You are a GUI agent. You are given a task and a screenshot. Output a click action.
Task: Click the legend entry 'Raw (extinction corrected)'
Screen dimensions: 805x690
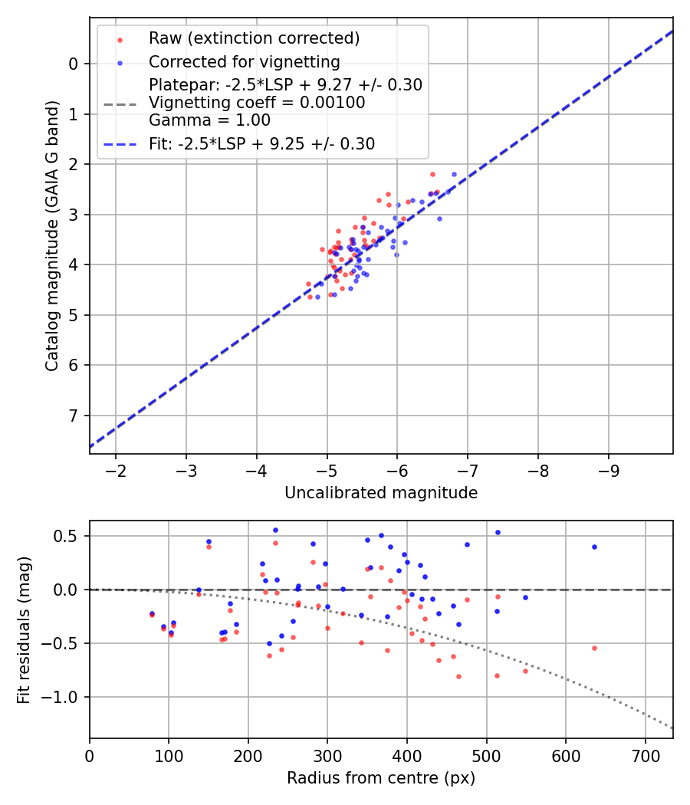[x=254, y=38]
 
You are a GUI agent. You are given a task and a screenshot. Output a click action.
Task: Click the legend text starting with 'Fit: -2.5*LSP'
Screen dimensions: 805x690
[x=261, y=143]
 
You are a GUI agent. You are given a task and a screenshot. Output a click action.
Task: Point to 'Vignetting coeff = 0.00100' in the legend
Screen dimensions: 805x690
[x=257, y=103]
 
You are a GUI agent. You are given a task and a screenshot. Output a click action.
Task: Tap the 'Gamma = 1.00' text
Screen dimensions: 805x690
[x=209, y=120]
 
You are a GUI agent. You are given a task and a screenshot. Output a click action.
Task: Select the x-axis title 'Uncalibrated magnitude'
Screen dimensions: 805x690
[x=381, y=493]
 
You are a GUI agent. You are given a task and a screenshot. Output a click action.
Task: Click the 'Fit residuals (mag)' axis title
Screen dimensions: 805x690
[x=24, y=629]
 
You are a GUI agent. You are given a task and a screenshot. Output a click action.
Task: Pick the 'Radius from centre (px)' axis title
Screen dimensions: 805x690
[x=381, y=778]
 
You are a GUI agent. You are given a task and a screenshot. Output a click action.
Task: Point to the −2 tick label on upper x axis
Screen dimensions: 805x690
[x=116, y=469]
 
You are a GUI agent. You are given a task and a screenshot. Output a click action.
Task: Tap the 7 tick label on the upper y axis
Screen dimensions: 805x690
[x=74, y=416]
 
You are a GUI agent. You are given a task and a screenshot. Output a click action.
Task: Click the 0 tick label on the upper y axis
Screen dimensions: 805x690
[x=74, y=64]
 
